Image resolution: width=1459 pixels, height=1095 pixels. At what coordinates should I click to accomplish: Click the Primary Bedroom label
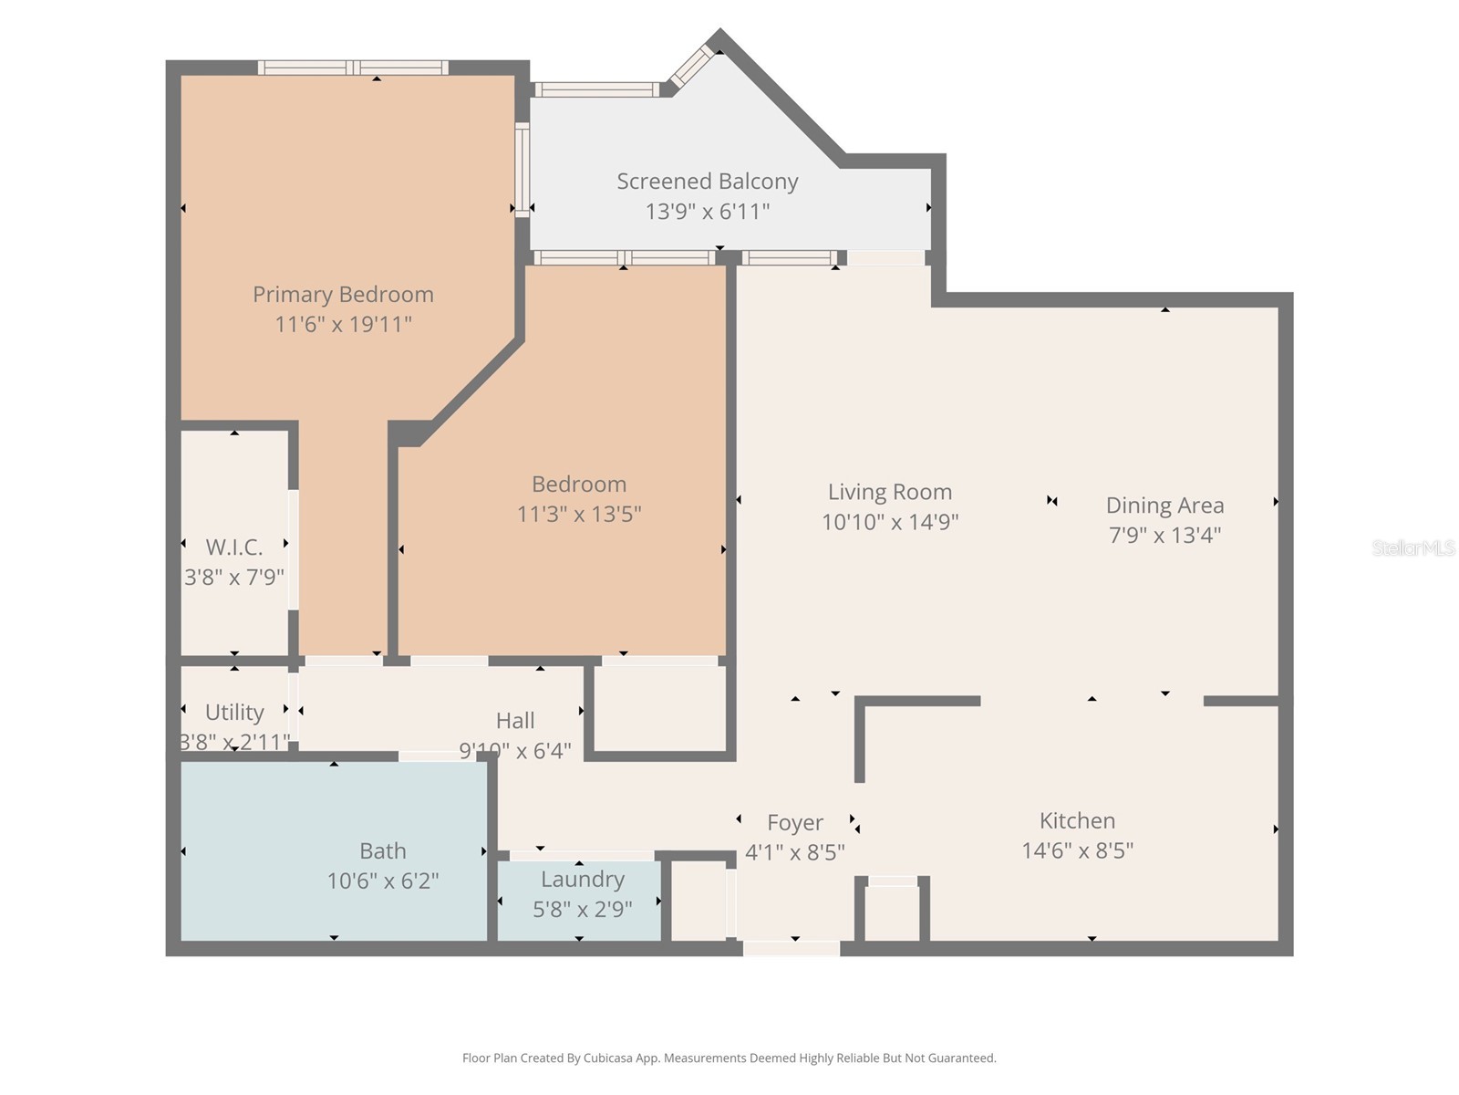343,294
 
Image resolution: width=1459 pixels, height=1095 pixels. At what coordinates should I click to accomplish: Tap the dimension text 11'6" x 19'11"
343,324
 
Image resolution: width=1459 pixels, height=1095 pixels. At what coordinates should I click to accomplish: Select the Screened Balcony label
707,181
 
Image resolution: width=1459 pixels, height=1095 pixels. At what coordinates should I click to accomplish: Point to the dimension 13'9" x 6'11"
707,211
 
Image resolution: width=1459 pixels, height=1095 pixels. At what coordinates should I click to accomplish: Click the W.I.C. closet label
234,547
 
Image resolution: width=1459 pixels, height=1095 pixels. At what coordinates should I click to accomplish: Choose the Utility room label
234,712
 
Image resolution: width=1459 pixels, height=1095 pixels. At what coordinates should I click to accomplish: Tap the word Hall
515,720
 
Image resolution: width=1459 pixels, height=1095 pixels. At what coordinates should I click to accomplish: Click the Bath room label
382,850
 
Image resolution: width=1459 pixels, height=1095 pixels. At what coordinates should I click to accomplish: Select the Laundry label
582,879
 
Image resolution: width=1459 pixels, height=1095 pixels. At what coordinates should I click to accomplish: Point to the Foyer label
794,822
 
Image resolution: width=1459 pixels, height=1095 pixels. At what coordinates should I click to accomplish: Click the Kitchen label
1077,819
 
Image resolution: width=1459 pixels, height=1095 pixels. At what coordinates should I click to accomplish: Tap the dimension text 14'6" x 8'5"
1077,850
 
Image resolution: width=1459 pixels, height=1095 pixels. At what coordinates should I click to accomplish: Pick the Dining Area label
1164,505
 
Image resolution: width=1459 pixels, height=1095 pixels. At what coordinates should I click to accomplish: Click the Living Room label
889,491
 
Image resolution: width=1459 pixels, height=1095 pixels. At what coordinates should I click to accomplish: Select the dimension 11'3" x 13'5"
579,514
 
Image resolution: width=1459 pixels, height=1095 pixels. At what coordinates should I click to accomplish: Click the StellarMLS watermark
1412,547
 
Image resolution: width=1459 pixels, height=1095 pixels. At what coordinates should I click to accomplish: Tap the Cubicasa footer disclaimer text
729,1058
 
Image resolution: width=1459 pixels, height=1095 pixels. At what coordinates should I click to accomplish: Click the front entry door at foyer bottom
791,949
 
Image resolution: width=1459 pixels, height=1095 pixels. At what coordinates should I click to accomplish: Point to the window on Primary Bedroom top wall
353,68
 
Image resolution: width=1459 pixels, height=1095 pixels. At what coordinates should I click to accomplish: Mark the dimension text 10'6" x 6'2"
383,881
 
